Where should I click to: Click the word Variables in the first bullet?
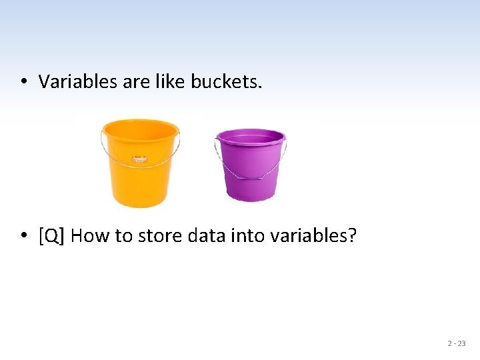[68, 82]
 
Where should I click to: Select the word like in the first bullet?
[171, 82]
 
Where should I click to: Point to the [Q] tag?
[52, 236]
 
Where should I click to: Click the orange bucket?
[140, 177]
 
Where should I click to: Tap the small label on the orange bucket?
[139, 159]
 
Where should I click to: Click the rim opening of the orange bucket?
[140, 128]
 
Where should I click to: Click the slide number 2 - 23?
[456, 343]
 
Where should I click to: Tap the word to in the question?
[124, 236]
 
